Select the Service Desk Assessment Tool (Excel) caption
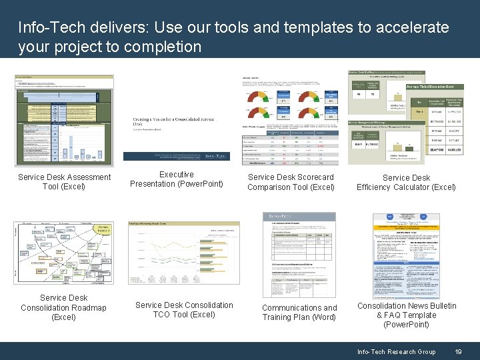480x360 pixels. click(x=64, y=182)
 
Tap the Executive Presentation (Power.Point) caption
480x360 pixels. click(x=177, y=179)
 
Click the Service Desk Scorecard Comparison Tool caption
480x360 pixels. click(x=291, y=182)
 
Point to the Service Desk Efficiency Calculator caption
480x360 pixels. click(x=406, y=182)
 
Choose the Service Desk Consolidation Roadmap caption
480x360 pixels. click(x=63, y=307)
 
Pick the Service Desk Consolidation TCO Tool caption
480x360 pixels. click(x=184, y=309)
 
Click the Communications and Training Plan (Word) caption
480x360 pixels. click(x=299, y=312)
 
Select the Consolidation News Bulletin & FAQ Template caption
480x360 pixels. click(x=407, y=315)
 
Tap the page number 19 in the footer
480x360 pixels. click(x=458, y=351)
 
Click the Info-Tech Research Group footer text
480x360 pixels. click(x=396, y=351)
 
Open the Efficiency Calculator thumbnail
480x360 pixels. click(x=406, y=117)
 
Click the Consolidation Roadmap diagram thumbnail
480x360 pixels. click(x=64, y=254)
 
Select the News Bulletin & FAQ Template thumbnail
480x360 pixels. click(x=406, y=255)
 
